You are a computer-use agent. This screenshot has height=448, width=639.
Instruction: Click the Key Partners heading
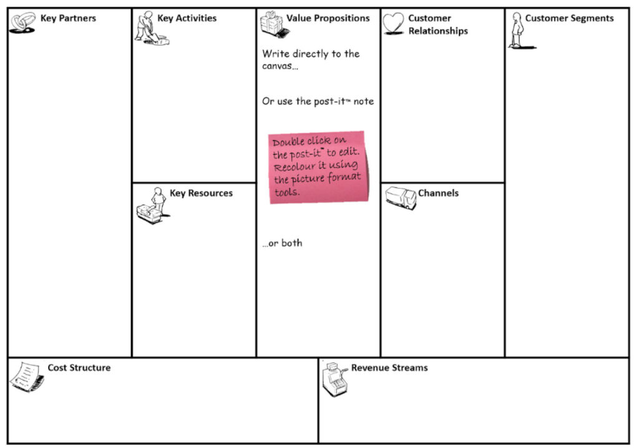(68, 19)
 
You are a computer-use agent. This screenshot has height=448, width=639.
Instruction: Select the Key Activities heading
(187, 19)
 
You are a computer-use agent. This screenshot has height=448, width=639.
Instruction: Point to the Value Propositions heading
(328, 19)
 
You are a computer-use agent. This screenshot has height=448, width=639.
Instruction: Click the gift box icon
(271, 23)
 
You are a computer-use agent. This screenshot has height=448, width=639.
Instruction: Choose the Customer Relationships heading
(438, 24)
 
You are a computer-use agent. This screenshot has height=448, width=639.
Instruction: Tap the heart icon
(393, 24)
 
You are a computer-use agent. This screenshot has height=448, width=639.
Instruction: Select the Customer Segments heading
(569, 19)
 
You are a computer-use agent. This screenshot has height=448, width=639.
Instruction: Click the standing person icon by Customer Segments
(517, 30)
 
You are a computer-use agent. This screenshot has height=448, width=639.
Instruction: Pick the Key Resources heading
(201, 194)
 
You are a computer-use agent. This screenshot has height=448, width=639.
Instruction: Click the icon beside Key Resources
(151, 206)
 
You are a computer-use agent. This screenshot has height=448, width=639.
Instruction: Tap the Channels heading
(438, 194)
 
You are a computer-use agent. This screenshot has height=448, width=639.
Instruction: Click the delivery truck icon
(400, 197)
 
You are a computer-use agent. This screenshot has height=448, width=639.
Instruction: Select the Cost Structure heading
(79, 368)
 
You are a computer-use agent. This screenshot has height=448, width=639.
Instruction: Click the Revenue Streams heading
(389, 368)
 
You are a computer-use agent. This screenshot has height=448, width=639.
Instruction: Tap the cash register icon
(334, 379)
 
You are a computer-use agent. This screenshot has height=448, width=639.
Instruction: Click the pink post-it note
(318, 167)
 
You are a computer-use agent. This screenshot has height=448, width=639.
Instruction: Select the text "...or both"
(282, 243)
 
